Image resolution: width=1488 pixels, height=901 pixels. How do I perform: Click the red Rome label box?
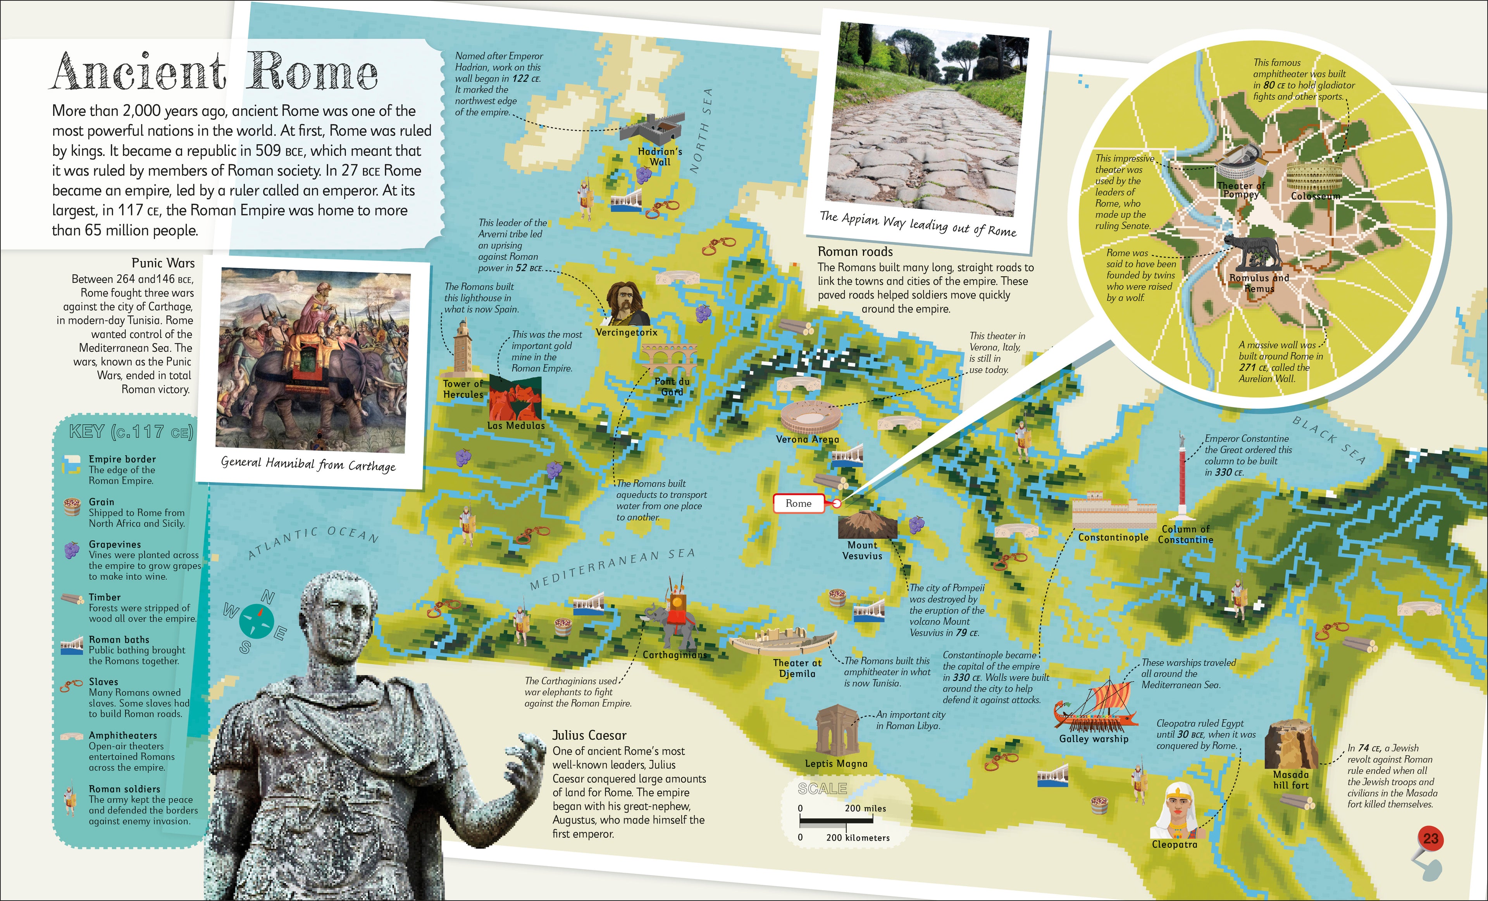(798, 503)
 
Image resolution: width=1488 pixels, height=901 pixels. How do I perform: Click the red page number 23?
(1430, 839)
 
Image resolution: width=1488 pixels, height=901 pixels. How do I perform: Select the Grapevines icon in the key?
(72, 550)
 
